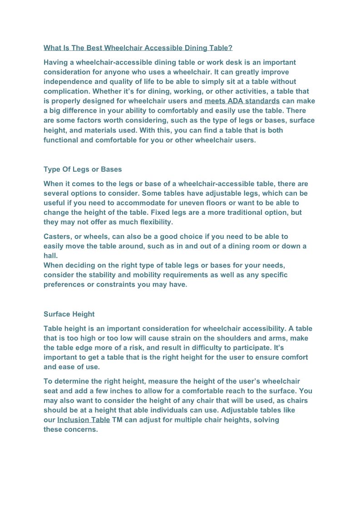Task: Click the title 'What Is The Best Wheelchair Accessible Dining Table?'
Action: pyautogui.click(x=138, y=48)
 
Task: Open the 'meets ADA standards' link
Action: pyautogui.click(x=242, y=101)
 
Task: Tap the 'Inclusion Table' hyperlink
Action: pyautogui.click(x=84, y=420)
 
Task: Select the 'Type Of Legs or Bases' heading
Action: pyautogui.click(x=83, y=169)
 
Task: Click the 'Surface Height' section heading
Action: pyautogui.click(x=69, y=314)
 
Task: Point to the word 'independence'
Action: pyautogui.click(x=66, y=82)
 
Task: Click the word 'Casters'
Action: pyautogui.click(x=58, y=237)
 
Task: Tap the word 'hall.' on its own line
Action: pyautogui.click(x=51, y=256)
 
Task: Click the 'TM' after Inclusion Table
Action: pyautogui.click(x=117, y=420)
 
